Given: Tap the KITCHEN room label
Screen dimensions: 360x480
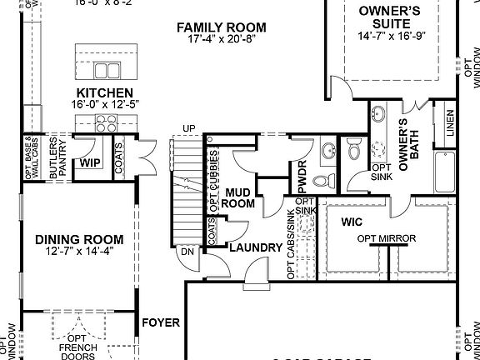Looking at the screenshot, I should coord(105,92).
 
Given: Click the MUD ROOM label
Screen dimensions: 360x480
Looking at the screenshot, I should coord(240,197).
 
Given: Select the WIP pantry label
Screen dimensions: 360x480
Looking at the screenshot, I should coord(90,162).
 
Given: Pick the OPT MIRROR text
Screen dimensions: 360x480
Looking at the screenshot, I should coord(386,239).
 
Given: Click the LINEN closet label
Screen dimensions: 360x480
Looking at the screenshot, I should coord(450,122).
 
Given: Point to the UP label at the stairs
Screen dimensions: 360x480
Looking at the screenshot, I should coord(189,127).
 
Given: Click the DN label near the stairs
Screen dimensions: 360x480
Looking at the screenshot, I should coord(188,251).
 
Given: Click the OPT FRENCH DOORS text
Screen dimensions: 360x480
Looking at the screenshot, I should coord(79,345).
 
